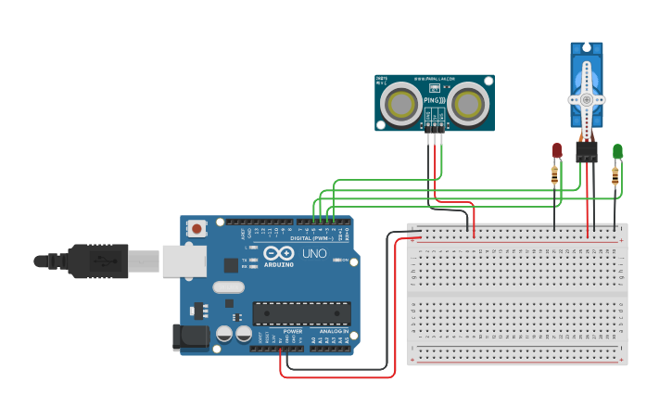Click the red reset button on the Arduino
tap(197, 228)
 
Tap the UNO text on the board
tap(314, 253)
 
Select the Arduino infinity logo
tap(278, 253)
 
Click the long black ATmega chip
tap(301, 313)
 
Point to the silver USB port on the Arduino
tap(184, 261)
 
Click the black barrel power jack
tap(190, 337)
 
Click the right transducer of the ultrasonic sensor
tap(467, 103)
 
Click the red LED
tap(557, 150)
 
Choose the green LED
tap(617, 150)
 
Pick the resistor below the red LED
tap(555, 174)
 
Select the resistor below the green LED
tap(615, 175)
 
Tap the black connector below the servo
tap(586, 151)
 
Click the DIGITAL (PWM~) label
tap(313, 238)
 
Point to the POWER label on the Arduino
tap(292, 331)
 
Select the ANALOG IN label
tap(334, 331)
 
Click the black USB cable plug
tap(97, 261)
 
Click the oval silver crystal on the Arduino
tap(228, 287)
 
